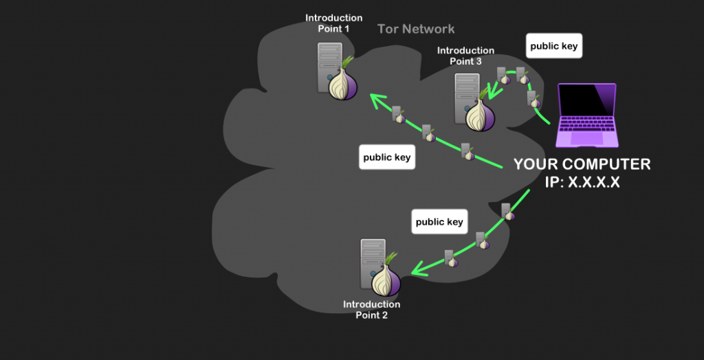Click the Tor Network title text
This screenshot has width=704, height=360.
click(416, 29)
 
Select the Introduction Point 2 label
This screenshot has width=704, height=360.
click(371, 310)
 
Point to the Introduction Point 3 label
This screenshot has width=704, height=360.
click(465, 56)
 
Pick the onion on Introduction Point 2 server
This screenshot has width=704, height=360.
click(386, 279)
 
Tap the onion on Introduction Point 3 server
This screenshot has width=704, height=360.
click(480, 113)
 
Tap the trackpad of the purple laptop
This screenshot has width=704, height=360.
click(586, 138)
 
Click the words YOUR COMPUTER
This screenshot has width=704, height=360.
click(582, 165)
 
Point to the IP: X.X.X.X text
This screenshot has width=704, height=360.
click(582, 183)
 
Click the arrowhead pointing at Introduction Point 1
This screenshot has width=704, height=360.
click(376, 101)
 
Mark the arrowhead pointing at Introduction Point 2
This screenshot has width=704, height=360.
click(415, 271)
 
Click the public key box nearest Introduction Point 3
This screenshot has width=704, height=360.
click(554, 47)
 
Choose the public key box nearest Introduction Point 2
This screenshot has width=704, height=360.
click(439, 222)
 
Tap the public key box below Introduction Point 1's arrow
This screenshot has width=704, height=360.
click(386, 157)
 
